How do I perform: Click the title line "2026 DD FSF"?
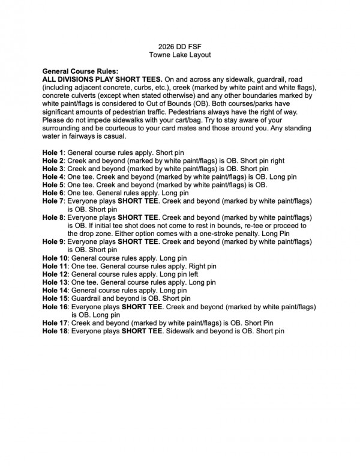pos(180,46)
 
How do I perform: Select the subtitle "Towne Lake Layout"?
pos(180,54)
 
